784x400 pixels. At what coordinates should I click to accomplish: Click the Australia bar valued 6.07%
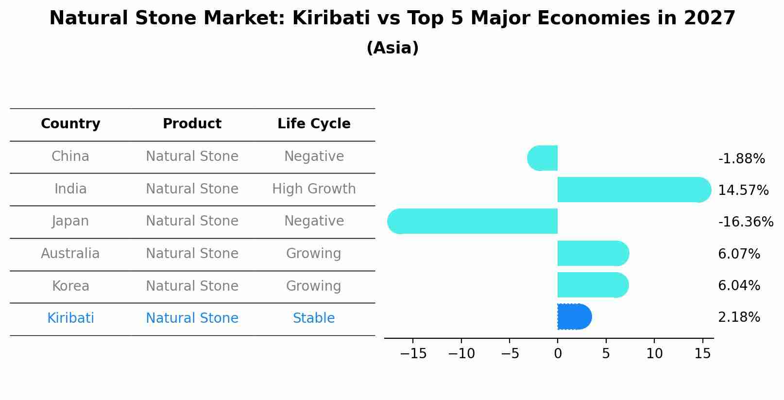click(x=593, y=253)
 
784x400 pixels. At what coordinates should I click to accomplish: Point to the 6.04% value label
click(x=739, y=286)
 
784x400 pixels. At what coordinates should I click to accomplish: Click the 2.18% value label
click(x=739, y=317)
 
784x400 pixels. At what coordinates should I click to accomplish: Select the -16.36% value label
click(x=746, y=222)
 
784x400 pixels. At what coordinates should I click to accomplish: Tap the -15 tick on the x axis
click(x=413, y=354)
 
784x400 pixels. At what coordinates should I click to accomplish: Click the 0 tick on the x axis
click(x=558, y=354)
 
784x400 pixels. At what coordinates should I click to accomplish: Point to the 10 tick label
click(x=654, y=354)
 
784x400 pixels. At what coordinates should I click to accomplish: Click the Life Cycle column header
click(x=314, y=124)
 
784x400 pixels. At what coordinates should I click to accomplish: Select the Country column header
click(x=70, y=124)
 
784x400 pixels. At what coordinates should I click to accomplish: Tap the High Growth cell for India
click(x=314, y=189)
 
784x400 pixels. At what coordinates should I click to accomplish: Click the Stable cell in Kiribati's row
click(x=314, y=318)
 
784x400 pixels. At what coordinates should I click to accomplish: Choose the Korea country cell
click(x=70, y=286)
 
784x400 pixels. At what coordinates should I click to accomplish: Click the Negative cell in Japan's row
click(x=314, y=221)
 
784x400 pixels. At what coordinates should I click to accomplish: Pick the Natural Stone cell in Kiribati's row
click(x=192, y=318)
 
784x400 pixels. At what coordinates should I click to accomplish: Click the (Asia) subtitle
click(x=392, y=48)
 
